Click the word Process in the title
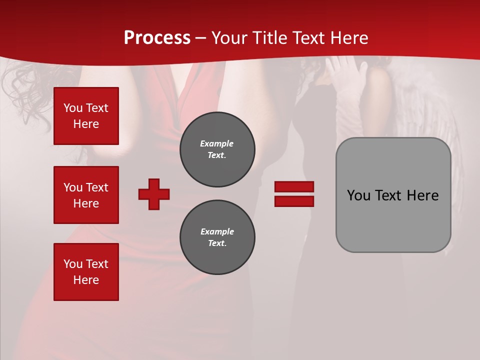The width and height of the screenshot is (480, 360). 157,37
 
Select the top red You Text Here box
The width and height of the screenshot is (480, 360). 86,116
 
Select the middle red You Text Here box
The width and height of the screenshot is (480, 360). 86,195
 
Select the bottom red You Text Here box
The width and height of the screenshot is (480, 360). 86,272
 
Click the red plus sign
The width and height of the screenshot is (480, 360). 154,194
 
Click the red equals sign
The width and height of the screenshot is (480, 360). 294,194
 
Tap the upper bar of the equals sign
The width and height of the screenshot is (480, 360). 294,187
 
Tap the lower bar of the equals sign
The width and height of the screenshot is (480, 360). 294,201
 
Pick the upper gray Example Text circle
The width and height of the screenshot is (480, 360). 217,149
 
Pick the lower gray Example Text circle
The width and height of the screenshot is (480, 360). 217,237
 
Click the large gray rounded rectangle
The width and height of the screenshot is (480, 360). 393,220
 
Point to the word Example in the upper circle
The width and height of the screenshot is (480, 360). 216,143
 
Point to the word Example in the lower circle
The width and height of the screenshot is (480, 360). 216,231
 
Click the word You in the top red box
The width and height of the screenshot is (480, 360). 72,108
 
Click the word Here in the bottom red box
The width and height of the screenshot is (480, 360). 86,280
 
